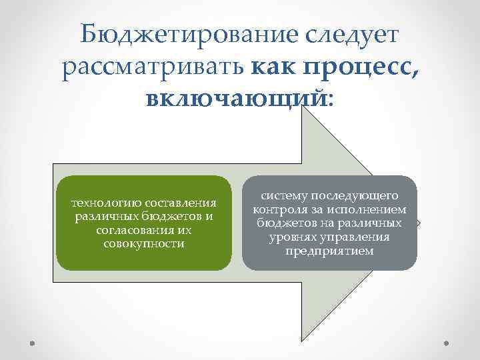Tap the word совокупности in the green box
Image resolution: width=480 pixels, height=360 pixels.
[144, 243]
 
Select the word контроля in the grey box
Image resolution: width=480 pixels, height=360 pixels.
[281, 210]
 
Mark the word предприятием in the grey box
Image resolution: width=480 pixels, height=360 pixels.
[329, 251]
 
